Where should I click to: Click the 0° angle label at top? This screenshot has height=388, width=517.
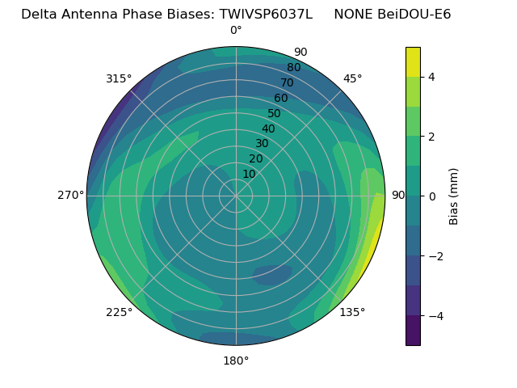(x=236, y=31)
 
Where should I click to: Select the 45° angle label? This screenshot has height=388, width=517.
(x=352, y=78)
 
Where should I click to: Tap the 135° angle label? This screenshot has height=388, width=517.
(x=352, y=312)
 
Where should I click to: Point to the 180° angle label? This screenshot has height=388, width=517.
(x=236, y=361)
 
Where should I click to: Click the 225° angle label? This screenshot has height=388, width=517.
(x=119, y=313)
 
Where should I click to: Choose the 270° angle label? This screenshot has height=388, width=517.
(x=71, y=196)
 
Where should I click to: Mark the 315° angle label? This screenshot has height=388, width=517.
(x=119, y=78)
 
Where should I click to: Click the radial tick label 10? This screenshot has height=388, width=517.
(x=249, y=174)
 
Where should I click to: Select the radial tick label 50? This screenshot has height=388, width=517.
(x=274, y=114)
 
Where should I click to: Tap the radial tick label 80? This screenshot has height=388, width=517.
(x=293, y=68)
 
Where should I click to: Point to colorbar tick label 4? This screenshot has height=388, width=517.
(x=431, y=77)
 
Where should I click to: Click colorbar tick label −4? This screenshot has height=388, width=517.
(x=435, y=316)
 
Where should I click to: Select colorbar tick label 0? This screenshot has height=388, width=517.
(x=431, y=196)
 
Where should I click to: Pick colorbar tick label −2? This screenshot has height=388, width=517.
(x=435, y=256)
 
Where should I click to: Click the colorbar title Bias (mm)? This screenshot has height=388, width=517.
(x=454, y=196)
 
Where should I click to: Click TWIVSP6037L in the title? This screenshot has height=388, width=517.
(x=266, y=14)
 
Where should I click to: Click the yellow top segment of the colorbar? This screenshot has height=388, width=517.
(x=413, y=61)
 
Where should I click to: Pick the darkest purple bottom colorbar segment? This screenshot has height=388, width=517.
(x=413, y=331)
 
